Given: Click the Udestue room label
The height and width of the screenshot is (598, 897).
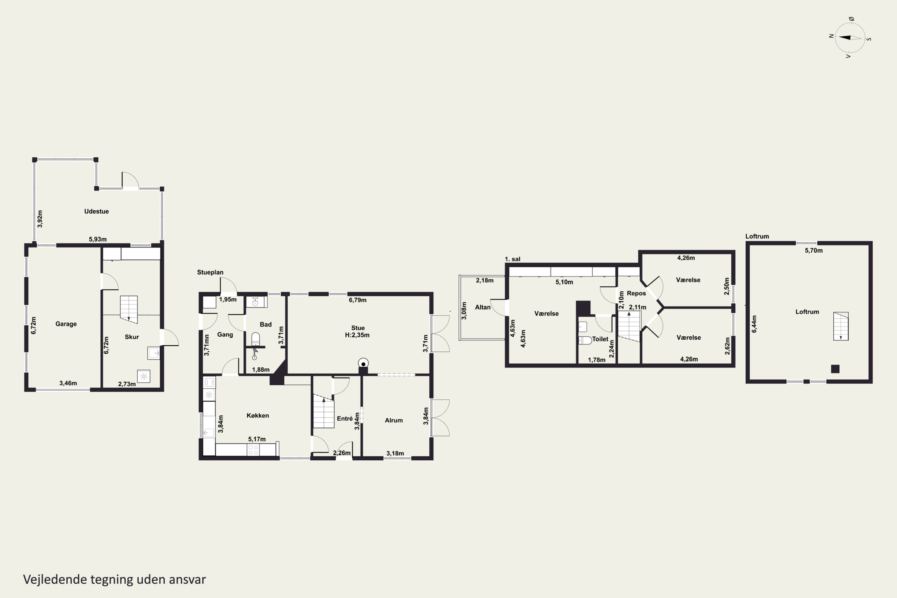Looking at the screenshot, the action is coord(97,211).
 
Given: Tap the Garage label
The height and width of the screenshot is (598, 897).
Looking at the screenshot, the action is coord(66,324).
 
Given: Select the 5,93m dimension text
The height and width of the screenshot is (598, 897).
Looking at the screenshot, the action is coord(98,239).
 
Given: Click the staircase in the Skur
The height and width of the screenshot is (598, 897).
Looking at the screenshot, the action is coord(129,309).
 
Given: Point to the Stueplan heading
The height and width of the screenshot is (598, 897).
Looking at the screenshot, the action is coord(210,272).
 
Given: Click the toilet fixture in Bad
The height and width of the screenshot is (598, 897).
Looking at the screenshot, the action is coord(256,339).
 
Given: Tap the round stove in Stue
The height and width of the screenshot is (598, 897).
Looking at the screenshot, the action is coord(363,363).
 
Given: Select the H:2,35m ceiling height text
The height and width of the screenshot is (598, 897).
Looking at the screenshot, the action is coord(357,335).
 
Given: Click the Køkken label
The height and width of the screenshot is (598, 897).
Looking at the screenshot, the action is coord(258,415).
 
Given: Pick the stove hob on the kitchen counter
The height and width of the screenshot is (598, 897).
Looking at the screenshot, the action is coord(253,450).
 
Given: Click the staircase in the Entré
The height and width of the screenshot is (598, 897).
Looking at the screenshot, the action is coord(324,411).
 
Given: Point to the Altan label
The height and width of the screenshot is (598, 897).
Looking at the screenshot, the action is coord(483,307).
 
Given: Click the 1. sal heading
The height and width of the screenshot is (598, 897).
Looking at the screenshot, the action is coord(512,259).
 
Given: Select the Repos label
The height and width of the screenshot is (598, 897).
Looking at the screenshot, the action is coord(637,293).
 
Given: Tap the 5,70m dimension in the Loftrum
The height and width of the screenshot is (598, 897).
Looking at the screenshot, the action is coord(814,251).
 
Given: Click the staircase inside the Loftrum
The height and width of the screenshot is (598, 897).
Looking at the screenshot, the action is coord(840,326).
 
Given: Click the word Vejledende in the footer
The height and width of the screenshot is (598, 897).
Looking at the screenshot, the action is coord(55,579).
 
